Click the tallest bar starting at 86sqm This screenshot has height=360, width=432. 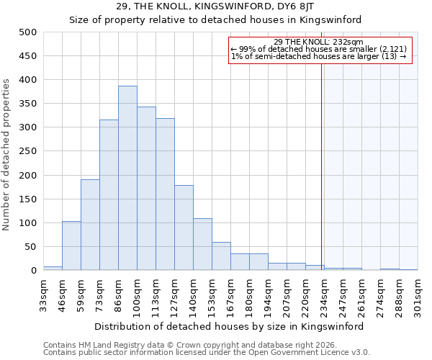pos(127,179)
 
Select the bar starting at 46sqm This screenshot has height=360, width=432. pos(71,246)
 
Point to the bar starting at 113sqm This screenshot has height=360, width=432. pos(165,194)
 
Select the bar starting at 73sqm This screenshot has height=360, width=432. pos(109,195)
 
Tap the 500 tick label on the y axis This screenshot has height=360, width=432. pos(28,32)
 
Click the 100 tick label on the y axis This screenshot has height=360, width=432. pos(28,223)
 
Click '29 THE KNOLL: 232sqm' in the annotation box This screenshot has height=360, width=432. pos(319,42)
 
